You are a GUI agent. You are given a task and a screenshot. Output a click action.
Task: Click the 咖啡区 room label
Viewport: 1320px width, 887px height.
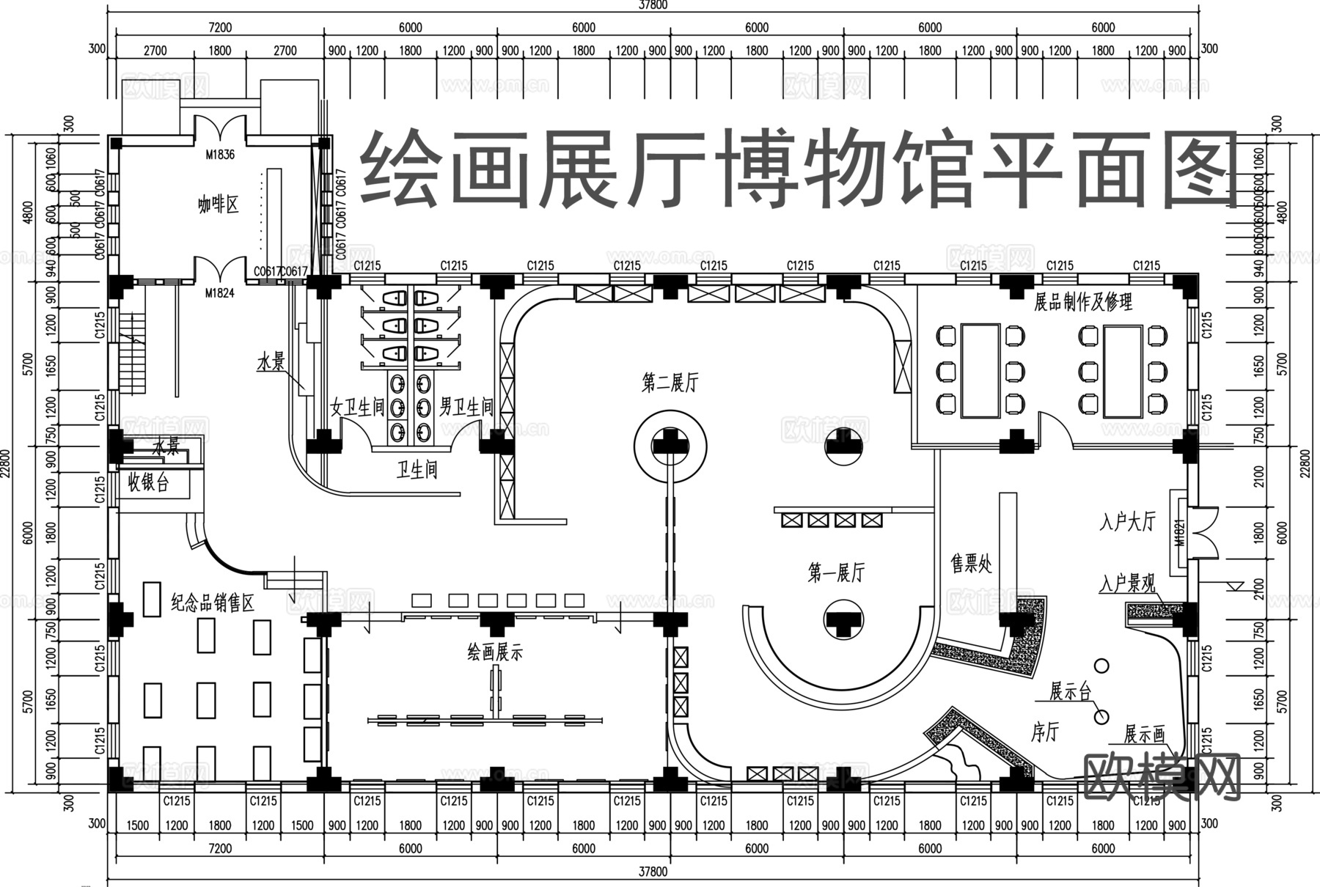pyautogui.click(x=218, y=205)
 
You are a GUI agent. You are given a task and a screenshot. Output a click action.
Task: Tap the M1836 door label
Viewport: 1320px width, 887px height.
pyautogui.click(x=219, y=155)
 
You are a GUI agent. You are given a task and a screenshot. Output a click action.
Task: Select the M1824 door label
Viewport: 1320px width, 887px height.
pyautogui.click(x=219, y=293)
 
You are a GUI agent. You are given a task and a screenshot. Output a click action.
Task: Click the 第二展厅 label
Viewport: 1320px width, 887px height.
pyautogui.click(x=670, y=383)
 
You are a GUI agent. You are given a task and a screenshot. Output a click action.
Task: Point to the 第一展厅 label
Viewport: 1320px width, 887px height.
pyautogui.click(x=836, y=573)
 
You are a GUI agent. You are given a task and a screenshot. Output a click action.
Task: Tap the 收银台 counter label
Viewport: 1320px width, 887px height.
pyautogui.click(x=149, y=483)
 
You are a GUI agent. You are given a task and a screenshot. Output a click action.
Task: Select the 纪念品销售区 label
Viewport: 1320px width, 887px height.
pyautogui.click(x=213, y=603)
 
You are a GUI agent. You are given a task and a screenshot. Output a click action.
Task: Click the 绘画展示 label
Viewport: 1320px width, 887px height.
pyautogui.click(x=495, y=652)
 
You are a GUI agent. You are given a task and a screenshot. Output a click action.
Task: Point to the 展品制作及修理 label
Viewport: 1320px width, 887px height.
pyautogui.click(x=1083, y=302)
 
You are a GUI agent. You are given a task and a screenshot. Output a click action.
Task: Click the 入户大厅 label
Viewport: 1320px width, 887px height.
pyautogui.click(x=1128, y=522)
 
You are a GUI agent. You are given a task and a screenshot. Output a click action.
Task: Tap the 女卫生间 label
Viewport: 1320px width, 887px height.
pyautogui.click(x=357, y=408)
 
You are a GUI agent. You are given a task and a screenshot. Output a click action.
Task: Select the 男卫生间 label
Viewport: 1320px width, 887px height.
pyautogui.click(x=466, y=408)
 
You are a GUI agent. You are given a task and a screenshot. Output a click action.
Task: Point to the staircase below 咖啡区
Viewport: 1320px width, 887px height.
pyautogui.click(x=133, y=352)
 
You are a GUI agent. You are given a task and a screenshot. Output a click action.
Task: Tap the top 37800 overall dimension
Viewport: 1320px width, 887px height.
pyautogui.click(x=653, y=5)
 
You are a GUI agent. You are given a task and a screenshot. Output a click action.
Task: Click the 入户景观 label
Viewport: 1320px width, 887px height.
pyautogui.click(x=1127, y=584)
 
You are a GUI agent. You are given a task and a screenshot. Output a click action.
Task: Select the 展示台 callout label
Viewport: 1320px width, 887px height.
pyautogui.click(x=1070, y=691)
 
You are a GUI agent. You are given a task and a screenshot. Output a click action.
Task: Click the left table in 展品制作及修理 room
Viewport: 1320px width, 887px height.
pyautogui.click(x=980, y=371)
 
